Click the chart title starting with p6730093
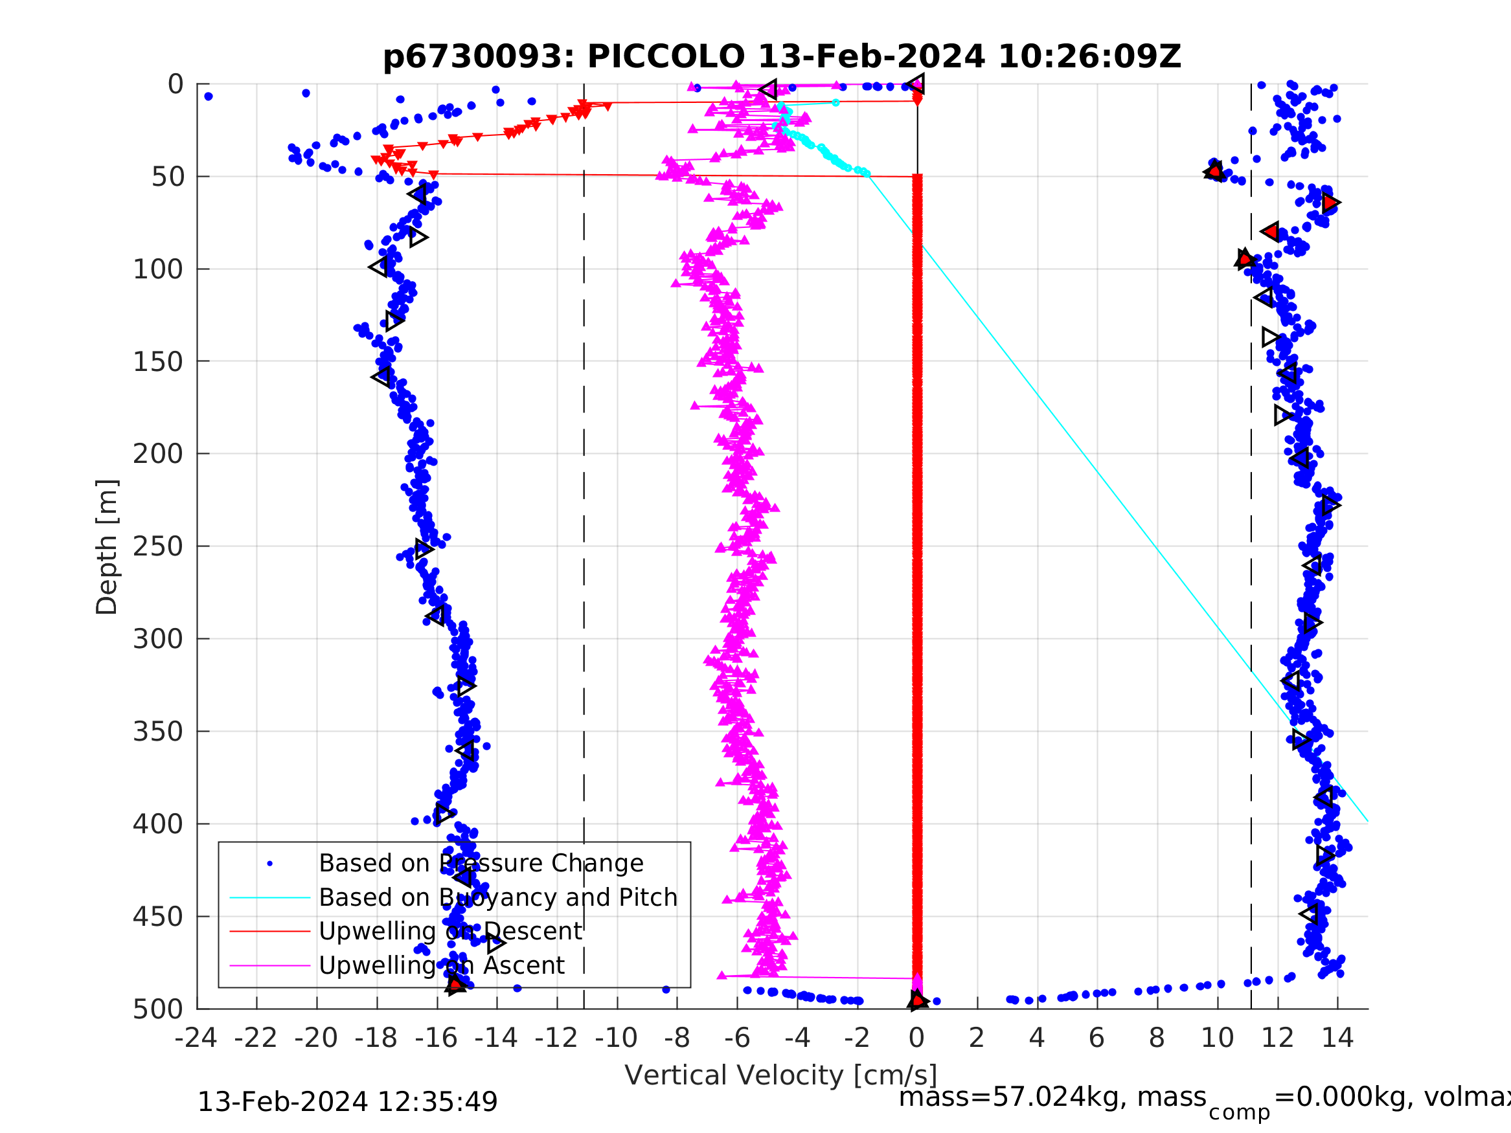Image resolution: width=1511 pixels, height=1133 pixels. point(782,57)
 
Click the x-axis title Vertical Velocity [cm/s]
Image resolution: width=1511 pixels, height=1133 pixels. point(781,1075)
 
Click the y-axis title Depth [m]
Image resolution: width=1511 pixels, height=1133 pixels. point(107,547)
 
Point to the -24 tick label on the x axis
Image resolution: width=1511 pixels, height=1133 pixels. point(196,1038)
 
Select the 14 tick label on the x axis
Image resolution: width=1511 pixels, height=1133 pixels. point(1337,1038)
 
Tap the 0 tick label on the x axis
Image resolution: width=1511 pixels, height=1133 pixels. point(916,1038)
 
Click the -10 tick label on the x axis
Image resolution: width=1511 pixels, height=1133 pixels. point(616,1038)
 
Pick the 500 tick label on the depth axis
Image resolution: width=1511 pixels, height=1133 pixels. point(158,1009)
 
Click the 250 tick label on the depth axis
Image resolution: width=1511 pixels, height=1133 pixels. point(158,547)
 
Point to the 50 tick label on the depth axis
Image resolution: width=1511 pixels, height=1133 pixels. point(167,177)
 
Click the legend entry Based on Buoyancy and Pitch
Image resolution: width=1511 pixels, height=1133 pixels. point(498,897)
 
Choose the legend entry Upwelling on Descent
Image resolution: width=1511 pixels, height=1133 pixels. point(450,931)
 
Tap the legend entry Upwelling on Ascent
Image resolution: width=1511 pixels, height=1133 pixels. point(441,965)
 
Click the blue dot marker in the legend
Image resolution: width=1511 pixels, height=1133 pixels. point(270,864)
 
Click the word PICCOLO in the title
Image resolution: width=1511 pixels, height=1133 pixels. point(666,57)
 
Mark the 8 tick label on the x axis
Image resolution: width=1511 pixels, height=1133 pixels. point(1157,1038)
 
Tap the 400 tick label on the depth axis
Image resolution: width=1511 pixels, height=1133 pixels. point(158,824)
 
